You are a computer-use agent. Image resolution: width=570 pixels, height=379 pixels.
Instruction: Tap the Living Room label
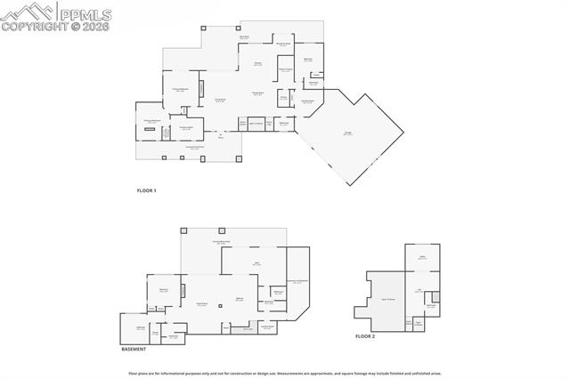(220, 101)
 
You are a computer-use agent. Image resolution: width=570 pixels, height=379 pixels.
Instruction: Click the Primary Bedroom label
(181, 89)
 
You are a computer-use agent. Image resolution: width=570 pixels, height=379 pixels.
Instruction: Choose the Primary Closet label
(186, 128)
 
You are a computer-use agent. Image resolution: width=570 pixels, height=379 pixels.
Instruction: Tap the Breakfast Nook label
(284, 44)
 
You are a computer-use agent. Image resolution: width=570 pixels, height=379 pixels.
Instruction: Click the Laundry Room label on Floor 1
(307, 101)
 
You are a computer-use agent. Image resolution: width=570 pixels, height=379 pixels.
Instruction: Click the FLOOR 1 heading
(146, 191)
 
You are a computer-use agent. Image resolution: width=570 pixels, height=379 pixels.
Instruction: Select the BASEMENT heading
(134, 349)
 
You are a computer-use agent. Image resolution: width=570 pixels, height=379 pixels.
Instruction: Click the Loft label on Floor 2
(417, 290)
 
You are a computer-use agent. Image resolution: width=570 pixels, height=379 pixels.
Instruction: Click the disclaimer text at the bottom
(284, 373)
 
